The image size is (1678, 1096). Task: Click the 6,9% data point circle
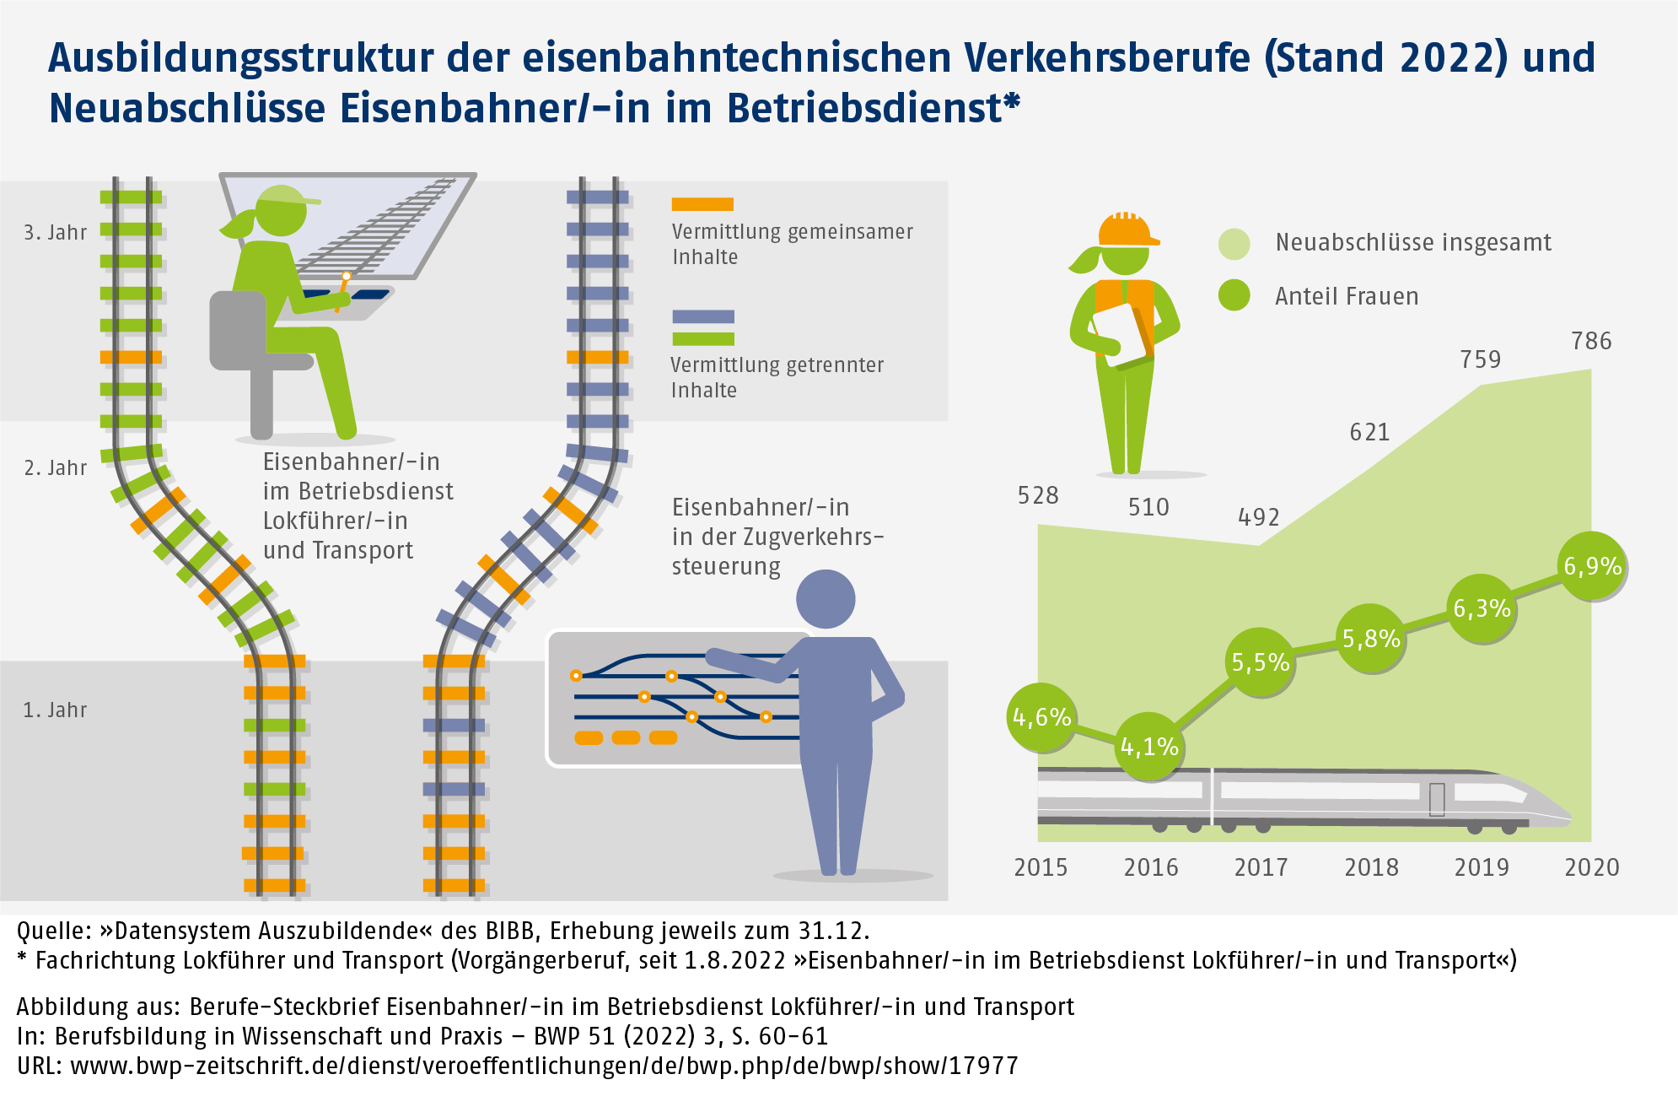1592,566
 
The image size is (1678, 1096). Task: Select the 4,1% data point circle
1148,747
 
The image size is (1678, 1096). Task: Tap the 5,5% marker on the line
1260,662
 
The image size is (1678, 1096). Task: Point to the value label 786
1591,341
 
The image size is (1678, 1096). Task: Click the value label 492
1258,517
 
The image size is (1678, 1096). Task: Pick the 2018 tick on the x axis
1371,867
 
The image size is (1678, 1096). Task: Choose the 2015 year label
1041,867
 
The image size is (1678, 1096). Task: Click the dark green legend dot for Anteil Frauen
1234,295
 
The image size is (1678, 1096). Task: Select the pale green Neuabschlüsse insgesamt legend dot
1234,243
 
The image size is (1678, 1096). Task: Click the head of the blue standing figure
826,599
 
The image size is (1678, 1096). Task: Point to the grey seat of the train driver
240,333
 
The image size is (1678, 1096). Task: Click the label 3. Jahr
55,233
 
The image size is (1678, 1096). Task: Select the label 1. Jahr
55,710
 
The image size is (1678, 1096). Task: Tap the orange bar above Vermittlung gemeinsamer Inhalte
702,204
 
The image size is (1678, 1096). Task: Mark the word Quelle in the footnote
53,931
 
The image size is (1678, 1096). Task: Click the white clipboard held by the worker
1121,333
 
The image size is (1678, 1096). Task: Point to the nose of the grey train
1560,815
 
